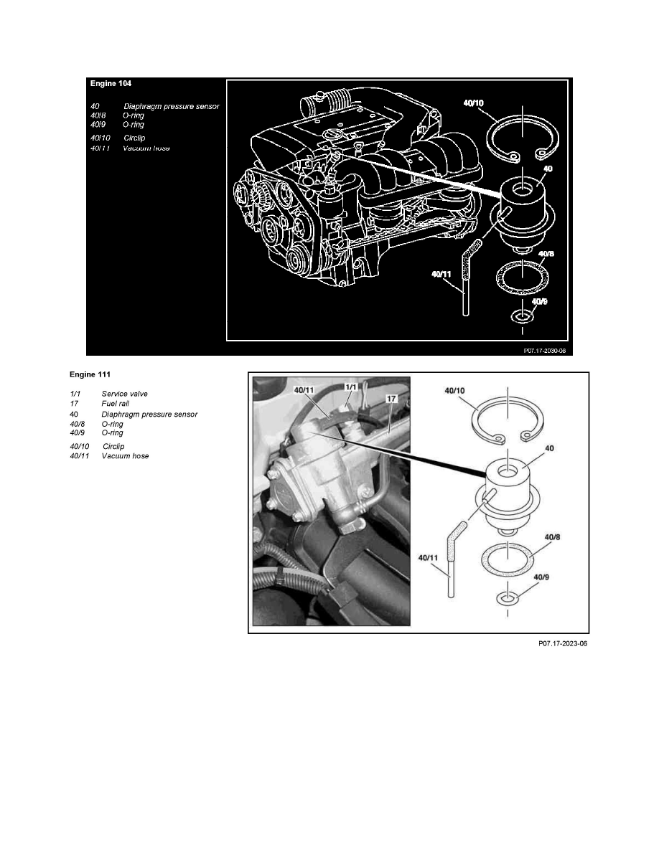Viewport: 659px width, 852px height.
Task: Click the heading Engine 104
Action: pyautogui.click(x=111, y=83)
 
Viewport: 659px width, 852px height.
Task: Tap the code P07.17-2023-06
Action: pyautogui.click(x=563, y=644)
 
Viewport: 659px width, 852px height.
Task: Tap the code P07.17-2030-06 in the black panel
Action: pyautogui.click(x=545, y=351)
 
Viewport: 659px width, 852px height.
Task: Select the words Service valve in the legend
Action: pyautogui.click(x=125, y=394)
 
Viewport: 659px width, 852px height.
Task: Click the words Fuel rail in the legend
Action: pyautogui.click(x=116, y=404)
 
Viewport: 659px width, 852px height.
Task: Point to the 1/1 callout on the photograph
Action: pyautogui.click(x=350, y=387)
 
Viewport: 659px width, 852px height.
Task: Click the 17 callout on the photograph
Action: pyautogui.click(x=391, y=397)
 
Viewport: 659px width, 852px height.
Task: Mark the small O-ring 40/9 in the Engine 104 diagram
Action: pyautogui.click(x=522, y=316)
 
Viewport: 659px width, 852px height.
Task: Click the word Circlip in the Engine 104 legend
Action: pyautogui.click(x=134, y=137)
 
